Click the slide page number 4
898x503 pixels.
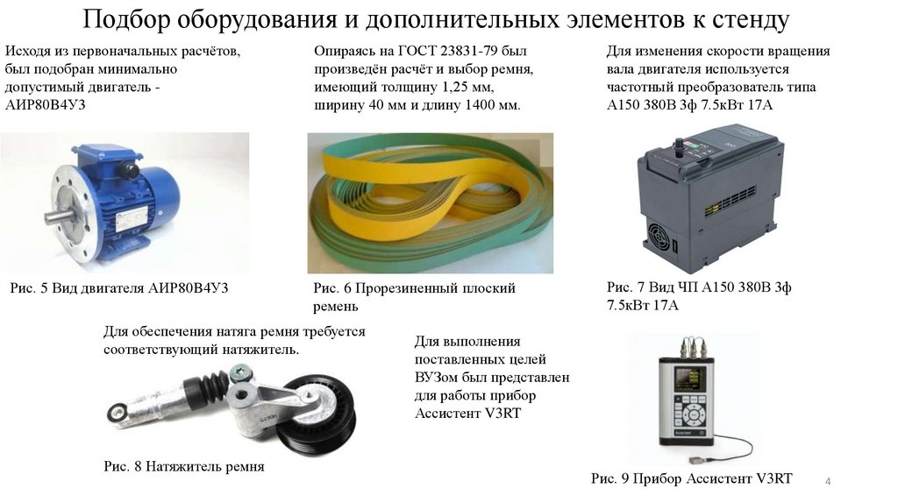828,481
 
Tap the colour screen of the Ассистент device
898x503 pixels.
690,379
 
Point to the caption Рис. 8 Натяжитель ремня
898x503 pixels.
184,466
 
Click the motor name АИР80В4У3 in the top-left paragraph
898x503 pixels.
46,105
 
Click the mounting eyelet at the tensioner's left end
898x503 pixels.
118,412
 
